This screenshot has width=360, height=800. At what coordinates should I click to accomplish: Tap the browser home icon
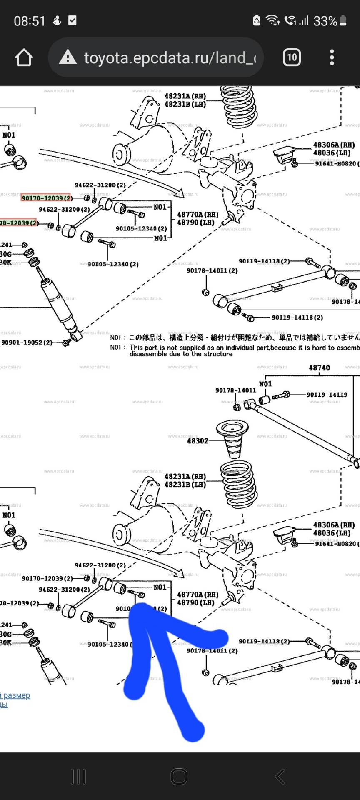(x=24, y=57)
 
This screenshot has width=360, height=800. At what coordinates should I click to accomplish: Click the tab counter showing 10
(x=292, y=57)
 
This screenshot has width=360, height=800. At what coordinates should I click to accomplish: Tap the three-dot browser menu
(x=332, y=57)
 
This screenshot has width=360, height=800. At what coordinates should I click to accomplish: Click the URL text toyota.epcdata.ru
(x=167, y=58)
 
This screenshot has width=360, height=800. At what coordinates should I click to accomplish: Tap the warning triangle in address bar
(x=67, y=57)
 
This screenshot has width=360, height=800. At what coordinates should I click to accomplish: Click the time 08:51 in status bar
(x=29, y=21)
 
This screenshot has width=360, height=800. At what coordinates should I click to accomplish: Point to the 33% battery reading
(x=325, y=21)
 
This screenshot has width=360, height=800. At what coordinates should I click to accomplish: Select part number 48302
(x=197, y=440)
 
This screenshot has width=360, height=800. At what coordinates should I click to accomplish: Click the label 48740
(x=319, y=368)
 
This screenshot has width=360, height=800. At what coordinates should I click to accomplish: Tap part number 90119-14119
(x=327, y=395)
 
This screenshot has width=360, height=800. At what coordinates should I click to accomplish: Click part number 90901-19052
(x=27, y=342)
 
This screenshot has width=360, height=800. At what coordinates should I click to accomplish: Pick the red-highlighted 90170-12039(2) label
(x=46, y=198)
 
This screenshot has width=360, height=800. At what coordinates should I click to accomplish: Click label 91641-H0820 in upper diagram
(x=336, y=163)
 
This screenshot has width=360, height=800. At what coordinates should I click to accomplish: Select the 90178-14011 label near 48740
(x=235, y=390)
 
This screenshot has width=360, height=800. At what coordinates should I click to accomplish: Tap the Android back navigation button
(x=280, y=776)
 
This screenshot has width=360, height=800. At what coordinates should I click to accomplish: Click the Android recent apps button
(x=78, y=776)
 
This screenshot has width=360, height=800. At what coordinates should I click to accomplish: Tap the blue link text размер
(x=17, y=695)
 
